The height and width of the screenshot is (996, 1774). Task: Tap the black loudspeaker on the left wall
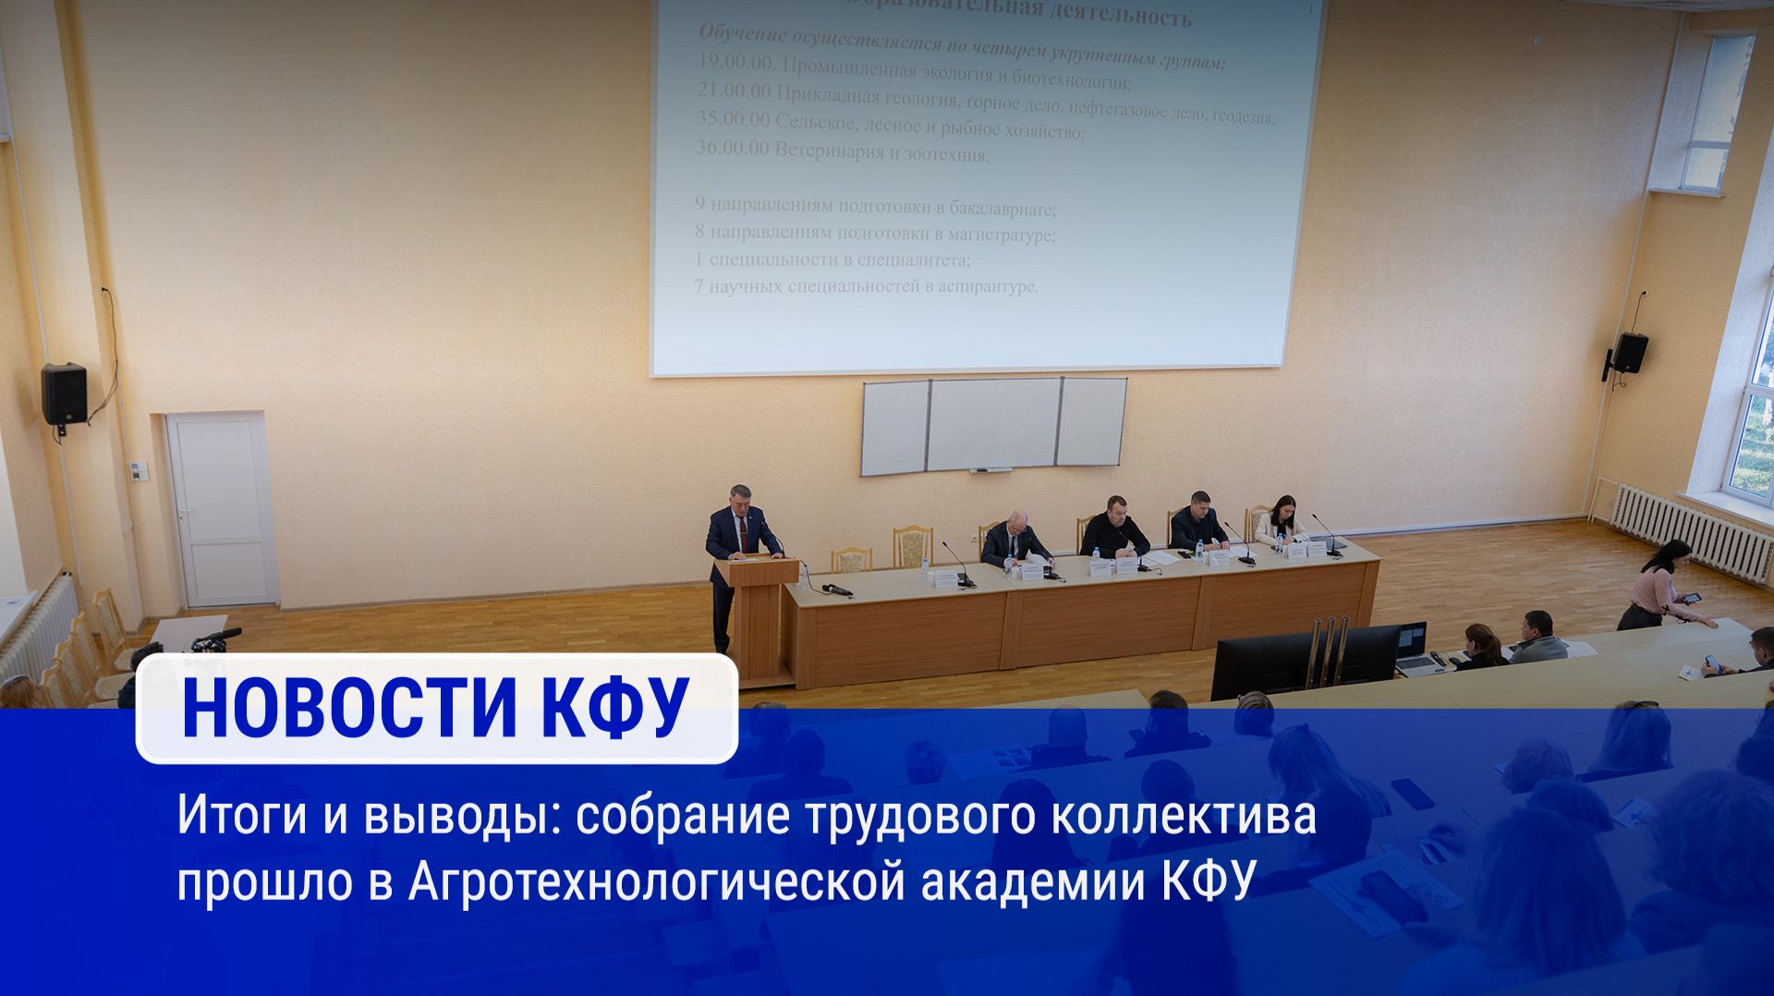point(64,395)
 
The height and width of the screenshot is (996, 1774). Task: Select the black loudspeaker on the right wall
point(1630,353)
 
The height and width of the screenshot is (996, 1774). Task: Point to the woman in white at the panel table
point(1280,520)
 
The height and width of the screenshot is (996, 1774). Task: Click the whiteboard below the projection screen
point(993,425)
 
